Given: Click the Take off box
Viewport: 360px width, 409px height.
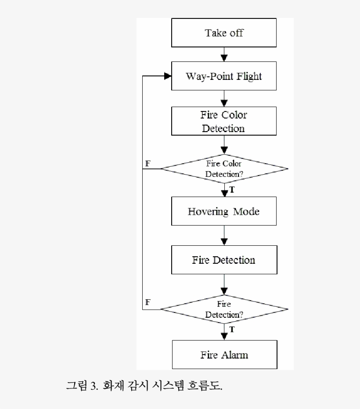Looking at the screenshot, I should (x=224, y=33).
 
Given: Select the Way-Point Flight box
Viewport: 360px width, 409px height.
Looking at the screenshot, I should (x=224, y=76).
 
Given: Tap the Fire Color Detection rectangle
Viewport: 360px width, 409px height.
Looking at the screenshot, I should (x=224, y=122).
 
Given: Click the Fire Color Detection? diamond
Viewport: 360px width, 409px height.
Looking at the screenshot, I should (x=224, y=169).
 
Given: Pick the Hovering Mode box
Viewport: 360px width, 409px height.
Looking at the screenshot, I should (x=224, y=212).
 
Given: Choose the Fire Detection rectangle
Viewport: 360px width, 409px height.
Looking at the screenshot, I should (x=224, y=260).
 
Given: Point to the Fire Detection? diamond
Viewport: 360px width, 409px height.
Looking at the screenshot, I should (x=224, y=309).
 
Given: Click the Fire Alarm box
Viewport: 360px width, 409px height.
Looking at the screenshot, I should (x=224, y=355).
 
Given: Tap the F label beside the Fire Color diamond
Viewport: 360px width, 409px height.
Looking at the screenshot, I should (x=148, y=163).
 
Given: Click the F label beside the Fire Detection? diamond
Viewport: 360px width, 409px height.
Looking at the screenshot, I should (x=148, y=302).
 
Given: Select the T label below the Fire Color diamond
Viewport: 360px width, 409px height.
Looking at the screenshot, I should (x=232, y=190).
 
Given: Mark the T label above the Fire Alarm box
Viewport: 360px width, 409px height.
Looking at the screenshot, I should (x=232, y=329).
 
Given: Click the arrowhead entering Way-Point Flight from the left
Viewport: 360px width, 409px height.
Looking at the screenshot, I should (x=167, y=76).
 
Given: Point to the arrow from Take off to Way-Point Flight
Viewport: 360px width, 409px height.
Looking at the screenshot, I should (x=224, y=55).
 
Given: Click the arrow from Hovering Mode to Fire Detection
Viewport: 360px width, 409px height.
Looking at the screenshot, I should (x=224, y=237).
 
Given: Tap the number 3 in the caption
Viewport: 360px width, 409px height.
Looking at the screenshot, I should (x=94, y=386).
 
